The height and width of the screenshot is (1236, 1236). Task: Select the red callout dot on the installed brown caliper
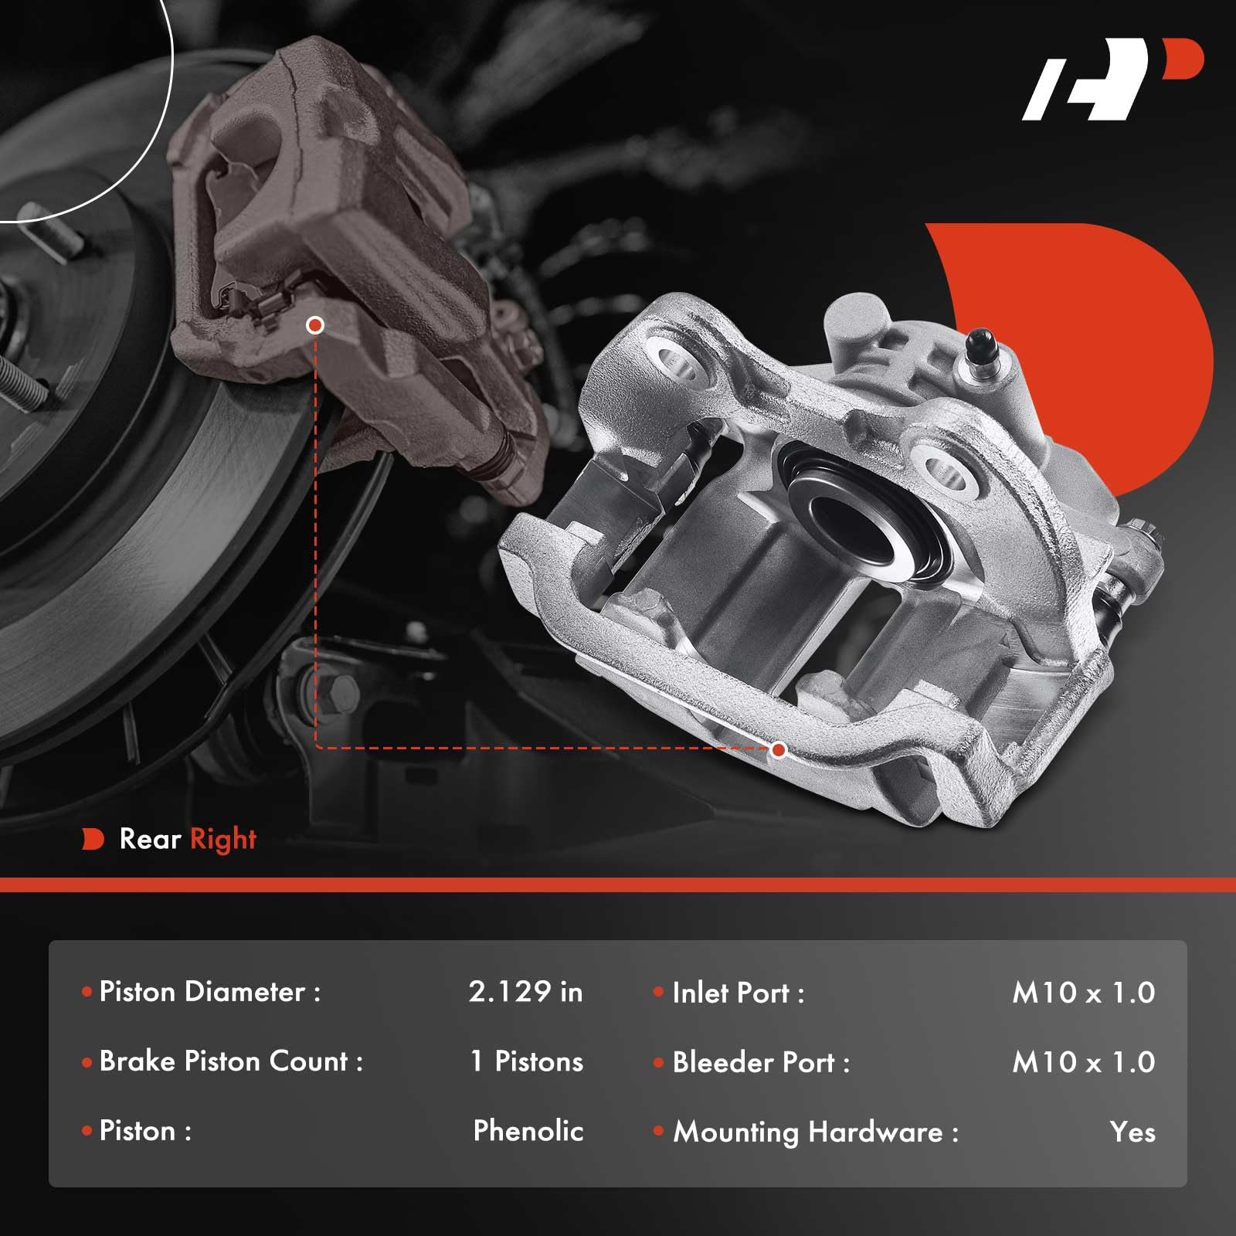(314, 325)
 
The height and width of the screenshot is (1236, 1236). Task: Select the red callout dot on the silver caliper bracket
(779, 749)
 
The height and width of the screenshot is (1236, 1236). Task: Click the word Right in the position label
(223, 840)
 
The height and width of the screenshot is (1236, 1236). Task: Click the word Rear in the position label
(151, 839)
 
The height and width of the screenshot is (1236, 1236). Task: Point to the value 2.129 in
(525, 992)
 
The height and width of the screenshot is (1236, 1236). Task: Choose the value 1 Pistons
(527, 1061)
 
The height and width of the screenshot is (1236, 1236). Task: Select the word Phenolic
(528, 1131)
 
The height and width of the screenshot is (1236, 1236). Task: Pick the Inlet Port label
(738, 993)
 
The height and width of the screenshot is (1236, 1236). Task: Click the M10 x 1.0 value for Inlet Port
(1083, 993)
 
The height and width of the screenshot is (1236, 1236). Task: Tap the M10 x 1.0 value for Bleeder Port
(1083, 1063)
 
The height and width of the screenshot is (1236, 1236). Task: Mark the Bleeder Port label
(761, 1063)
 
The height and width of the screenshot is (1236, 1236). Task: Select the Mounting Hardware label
(815, 1132)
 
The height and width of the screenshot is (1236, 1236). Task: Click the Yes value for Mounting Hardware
(1132, 1132)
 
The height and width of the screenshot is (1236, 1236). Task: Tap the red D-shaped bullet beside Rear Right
(93, 840)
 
